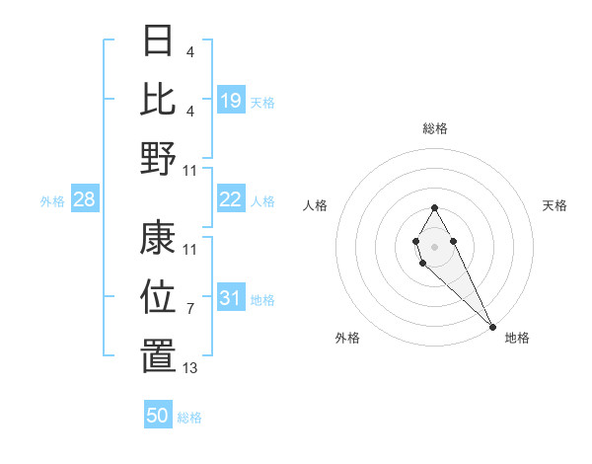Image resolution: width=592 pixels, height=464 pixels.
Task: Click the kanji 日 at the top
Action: [x=159, y=41]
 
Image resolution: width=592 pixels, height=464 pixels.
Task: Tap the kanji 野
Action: [x=159, y=157]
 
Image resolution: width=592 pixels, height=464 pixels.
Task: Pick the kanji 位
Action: [x=159, y=296]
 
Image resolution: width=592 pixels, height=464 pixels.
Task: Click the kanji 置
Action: [x=159, y=356]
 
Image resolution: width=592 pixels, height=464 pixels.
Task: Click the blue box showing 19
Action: [x=231, y=100]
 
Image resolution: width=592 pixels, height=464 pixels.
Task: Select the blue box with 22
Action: [x=231, y=200]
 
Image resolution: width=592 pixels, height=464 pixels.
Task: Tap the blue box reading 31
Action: [x=231, y=299]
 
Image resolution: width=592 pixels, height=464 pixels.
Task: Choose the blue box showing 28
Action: [x=85, y=200]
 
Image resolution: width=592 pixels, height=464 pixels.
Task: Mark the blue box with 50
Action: [x=158, y=416]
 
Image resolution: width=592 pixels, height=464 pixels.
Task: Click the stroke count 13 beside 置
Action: [x=190, y=368]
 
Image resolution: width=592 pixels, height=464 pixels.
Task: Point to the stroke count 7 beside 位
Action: [x=189, y=309]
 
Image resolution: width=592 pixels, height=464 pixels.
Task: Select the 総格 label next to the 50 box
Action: [x=189, y=418]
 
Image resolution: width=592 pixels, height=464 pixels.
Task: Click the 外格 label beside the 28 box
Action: [x=52, y=201]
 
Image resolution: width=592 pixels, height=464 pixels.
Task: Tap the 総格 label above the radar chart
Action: [x=435, y=128]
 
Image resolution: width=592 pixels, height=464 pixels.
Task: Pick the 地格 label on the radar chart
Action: [x=517, y=338]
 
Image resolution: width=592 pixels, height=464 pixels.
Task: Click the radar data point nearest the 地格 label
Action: [x=492, y=326]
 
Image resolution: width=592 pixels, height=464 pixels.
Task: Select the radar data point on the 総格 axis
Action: [x=434, y=207]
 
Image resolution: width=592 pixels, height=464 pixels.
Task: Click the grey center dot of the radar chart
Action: [x=434, y=245]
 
